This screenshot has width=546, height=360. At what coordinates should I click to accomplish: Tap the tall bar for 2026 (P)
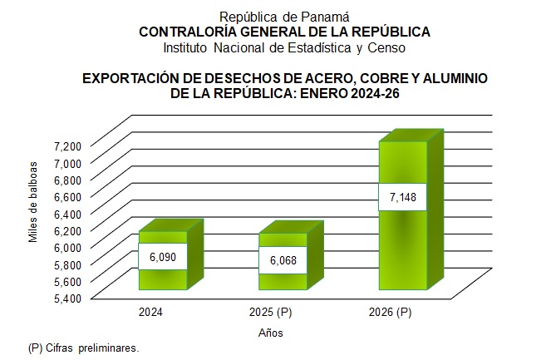(x=403, y=241)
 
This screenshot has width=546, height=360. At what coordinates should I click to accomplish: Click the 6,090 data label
(x=163, y=257)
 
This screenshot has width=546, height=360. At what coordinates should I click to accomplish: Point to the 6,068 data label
(x=283, y=259)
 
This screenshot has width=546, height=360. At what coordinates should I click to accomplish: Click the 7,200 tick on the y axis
(x=67, y=145)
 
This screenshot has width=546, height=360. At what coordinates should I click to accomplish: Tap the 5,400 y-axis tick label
(x=67, y=298)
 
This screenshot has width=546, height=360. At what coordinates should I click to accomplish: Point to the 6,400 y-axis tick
(x=67, y=213)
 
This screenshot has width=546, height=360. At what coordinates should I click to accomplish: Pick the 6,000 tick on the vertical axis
(x=67, y=247)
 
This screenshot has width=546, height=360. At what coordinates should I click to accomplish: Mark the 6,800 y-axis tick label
(x=67, y=180)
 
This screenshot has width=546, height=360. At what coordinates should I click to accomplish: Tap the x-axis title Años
(x=271, y=333)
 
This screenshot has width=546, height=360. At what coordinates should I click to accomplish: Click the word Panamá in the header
(x=326, y=16)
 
